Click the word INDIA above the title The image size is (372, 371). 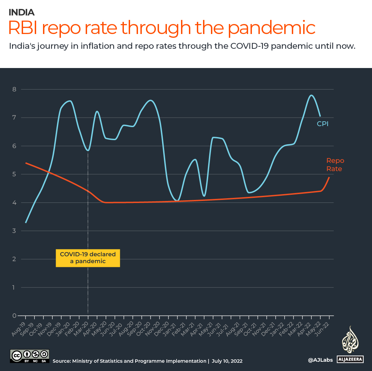21,12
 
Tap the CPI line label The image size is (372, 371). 322,124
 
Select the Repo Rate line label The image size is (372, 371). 335,165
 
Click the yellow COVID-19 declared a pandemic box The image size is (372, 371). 88,258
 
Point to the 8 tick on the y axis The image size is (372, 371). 14,89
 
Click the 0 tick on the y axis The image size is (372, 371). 14,316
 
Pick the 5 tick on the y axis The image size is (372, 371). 14,174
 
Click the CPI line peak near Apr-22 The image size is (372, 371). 311,95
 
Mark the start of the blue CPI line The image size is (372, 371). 26,223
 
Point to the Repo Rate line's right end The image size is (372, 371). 329,178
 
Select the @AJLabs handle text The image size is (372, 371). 320,360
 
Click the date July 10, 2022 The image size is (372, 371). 227,361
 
